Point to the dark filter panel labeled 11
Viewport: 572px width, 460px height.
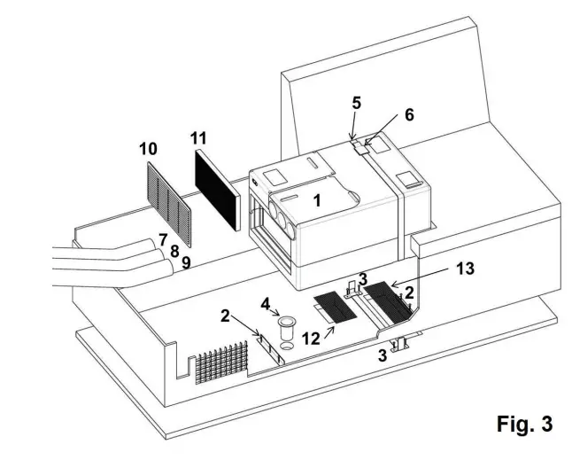coord(217,189)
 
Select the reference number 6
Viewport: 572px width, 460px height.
coord(408,114)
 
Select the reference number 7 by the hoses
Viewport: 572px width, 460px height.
coord(162,240)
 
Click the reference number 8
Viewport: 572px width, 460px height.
coord(174,251)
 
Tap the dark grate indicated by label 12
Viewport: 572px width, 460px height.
coord(335,307)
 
